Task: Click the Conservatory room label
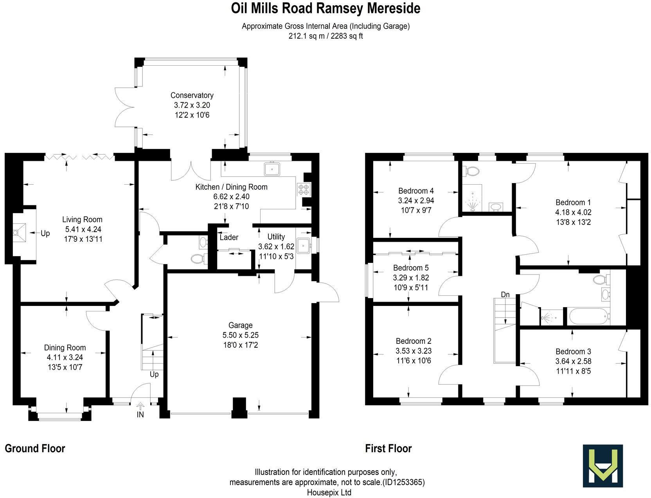click(x=192, y=95)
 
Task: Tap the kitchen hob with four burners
click(x=304, y=189)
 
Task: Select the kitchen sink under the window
click(x=271, y=169)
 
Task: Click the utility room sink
click(x=304, y=246)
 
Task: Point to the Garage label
click(x=240, y=325)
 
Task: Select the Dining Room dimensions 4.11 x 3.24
click(x=65, y=357)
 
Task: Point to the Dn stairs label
click(x=505, y=294)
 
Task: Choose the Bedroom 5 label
click(x=411, y=268)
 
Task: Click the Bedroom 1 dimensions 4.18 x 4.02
click(x=573, y=212)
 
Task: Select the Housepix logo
click(x=602, y=466)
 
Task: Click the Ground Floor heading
click(x=35, y=448)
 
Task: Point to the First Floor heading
click(x=388, y=448)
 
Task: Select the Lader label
click(x=229, y=237)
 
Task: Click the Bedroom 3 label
click(x=573, y=351)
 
